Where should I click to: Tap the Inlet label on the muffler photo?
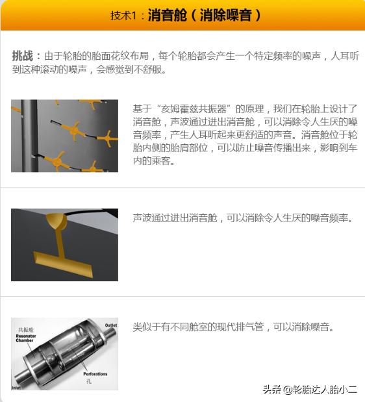(x=16, y=388)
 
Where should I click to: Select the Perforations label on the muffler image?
(x=95, y=374)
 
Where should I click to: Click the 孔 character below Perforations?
(x=89, y=382)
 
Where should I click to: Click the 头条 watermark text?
(x=271, y=389)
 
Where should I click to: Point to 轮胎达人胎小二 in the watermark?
(x=325, y=389)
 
